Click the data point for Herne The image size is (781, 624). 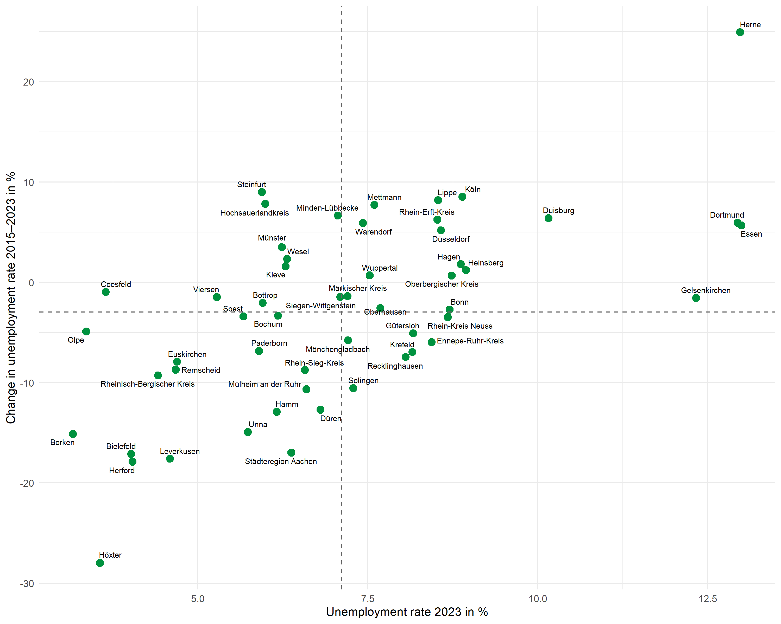tap(740, 32)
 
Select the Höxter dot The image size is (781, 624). tap(100, 563)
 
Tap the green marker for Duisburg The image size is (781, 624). tap(549, 218)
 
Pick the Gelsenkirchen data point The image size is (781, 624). tap(696, 298)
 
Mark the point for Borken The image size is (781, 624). tap(73, 434)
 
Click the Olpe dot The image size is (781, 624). tap(86, 331)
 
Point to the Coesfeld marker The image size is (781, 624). tap(106, 292)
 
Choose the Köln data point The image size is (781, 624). tap(462, 197)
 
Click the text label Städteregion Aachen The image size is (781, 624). tap(281, 461)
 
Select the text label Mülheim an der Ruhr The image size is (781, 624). tap(264, 384)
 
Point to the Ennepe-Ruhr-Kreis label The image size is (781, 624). tap(470, 341)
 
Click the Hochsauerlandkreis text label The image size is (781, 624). tap(254, 213)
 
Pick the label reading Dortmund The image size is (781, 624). tap(727, 215)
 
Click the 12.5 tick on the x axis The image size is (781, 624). tap(708, 599)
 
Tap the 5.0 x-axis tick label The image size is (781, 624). tap(198, 599)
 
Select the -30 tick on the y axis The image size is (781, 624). tap(27, 583)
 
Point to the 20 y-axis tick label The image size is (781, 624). tap(28, 82)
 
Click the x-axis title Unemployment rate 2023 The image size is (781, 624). tap(407, 612)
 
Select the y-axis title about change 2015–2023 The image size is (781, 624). tap(11, 297)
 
